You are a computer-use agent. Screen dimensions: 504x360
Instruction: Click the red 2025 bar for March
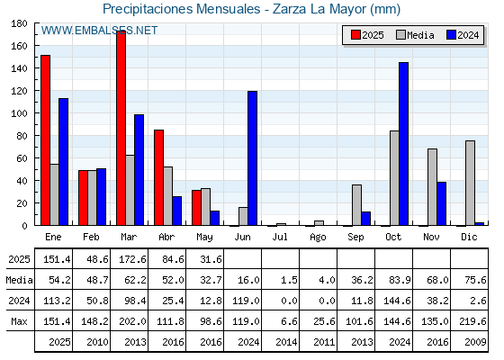(x=121, y=128)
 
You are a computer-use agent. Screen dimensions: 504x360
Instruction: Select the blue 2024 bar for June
(x=252, y=158)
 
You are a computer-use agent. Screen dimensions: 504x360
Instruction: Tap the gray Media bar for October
(x=394, y=178)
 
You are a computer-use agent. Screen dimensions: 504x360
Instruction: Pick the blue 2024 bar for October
(x=404, y=144)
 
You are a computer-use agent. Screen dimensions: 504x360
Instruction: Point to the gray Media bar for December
(x=470, y=183)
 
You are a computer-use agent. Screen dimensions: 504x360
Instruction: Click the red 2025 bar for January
(x=46, y=140)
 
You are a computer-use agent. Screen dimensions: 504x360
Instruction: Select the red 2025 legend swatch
(x=355, y=35)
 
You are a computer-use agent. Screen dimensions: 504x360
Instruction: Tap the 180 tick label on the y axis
(x=19, y=23)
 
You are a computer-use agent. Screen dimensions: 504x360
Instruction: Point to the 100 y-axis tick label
(x=19, y=113)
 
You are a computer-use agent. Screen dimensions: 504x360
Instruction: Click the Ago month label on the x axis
(x=318, y=238)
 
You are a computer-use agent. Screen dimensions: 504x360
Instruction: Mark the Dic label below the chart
(x=469, y=237)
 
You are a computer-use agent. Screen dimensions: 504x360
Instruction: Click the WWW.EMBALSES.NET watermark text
(x=99, y=31)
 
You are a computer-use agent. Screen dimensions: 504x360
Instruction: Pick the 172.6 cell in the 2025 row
(x=133, y=259)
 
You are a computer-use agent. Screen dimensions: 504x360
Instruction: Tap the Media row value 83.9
(x=400, y=280)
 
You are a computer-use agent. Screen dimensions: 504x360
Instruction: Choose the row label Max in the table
(x=19, y=321)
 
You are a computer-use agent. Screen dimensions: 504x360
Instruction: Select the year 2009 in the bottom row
(x=475, y=342)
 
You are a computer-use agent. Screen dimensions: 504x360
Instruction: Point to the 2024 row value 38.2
(x=437, y=301)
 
